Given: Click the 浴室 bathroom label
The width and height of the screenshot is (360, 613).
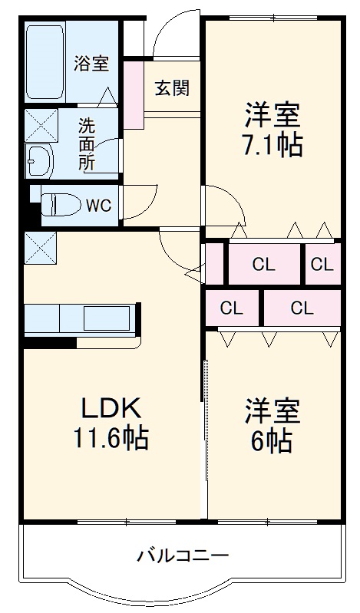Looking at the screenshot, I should click(91, 64).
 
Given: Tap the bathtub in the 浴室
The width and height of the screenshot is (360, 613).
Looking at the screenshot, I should click(45, 61).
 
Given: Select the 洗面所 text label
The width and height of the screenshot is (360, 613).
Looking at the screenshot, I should click(86, 143).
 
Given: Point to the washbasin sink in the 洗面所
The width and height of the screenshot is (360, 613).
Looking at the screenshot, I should click(38, 160).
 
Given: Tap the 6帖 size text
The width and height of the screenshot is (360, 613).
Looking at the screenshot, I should click(272, 440).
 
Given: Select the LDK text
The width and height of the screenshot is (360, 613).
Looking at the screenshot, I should click(111, 407).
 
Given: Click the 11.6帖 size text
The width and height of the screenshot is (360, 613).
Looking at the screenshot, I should click(111, 440).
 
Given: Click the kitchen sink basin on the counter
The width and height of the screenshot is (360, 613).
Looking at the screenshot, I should click(107, 318).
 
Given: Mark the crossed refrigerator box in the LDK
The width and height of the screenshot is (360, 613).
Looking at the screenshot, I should click(40, 247).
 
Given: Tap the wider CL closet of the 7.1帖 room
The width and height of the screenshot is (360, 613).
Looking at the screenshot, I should click(263, 265).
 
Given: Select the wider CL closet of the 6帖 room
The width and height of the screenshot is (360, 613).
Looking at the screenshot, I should click(302, 308).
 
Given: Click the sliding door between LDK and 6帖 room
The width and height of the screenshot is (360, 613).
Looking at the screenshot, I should click(205, 430).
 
